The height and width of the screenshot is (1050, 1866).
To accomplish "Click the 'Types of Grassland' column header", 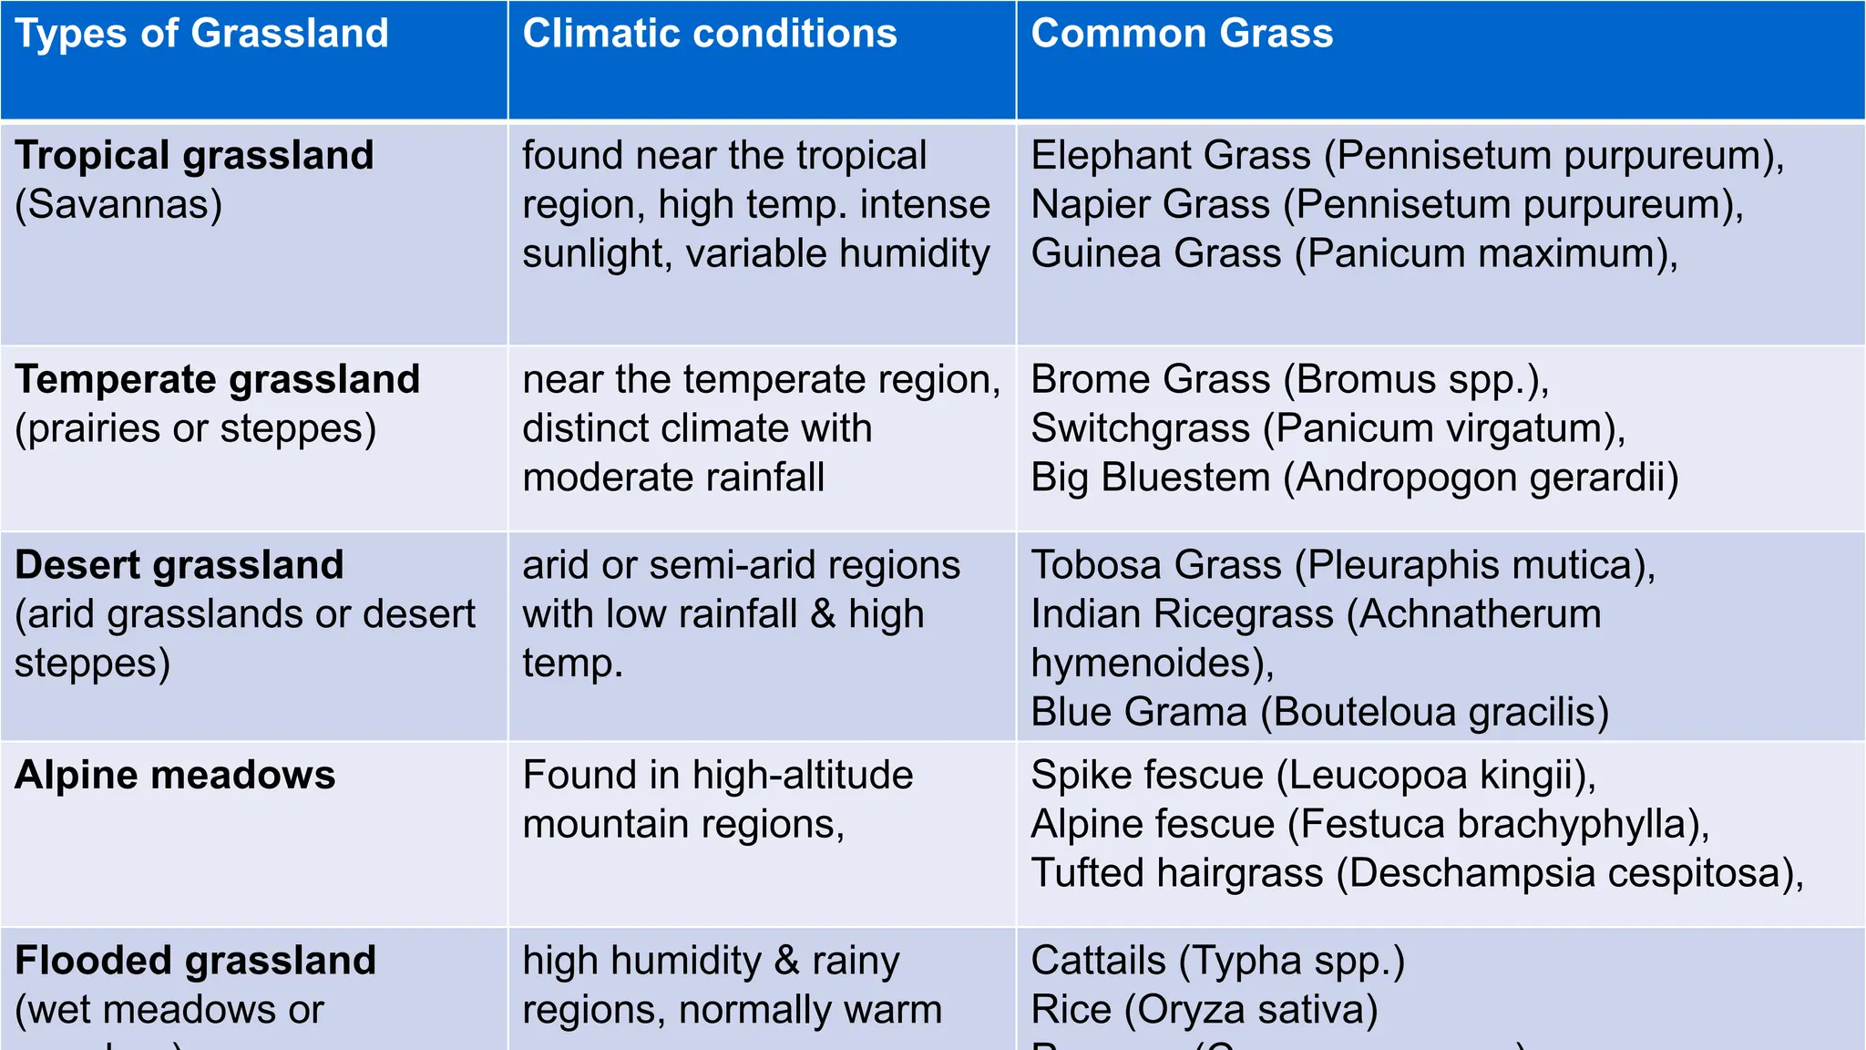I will pos(201,34).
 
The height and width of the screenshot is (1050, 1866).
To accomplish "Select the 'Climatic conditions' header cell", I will pos(710,34).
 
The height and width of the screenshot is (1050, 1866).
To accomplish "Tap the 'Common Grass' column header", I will pos(1182,34).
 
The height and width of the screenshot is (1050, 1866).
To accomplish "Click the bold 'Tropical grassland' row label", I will pos(194,156).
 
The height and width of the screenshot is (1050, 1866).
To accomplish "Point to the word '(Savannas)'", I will pos(118,205).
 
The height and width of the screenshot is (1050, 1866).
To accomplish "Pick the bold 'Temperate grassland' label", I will pos(217,380).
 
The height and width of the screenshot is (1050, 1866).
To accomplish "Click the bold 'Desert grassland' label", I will pos(179,566).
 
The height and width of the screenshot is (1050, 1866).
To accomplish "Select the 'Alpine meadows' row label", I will pos(175,776).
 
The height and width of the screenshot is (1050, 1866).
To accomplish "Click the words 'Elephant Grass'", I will pos(1170,156).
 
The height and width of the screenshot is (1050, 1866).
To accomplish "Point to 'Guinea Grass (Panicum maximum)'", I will pos(1353,254).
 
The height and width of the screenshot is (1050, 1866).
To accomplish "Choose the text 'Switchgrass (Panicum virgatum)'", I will pos(1328,429).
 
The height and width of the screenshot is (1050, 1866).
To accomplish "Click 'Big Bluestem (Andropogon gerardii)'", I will pos(1354,479).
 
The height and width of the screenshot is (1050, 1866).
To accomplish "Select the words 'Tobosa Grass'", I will pos(1155,566).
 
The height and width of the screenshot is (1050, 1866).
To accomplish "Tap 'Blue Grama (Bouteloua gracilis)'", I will pos(1319,713).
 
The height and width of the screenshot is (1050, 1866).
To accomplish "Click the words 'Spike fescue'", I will pos(1146,776).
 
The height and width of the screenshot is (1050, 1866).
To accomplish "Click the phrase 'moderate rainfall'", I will pos(673,479).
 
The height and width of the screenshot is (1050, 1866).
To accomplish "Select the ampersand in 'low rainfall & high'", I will pos(823,615).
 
